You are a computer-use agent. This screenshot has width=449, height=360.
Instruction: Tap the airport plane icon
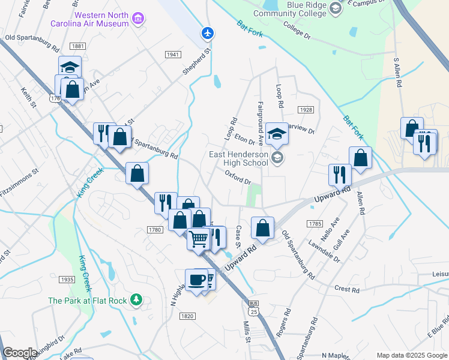[208, 32]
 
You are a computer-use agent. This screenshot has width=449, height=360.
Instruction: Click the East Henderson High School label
[238, 158]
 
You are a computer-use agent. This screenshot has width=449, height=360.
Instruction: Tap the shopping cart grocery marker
[199, 239]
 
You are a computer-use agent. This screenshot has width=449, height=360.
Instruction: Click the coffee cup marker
[197, 280]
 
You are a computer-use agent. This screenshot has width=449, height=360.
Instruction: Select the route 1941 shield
[172, 55]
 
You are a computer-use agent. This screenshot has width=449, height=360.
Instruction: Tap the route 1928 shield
[306, 110]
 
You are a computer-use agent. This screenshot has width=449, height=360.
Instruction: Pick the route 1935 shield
[67, 280]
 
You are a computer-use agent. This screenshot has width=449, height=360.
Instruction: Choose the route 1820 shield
[187, 316]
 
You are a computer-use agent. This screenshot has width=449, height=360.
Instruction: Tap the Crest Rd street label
[347, 289]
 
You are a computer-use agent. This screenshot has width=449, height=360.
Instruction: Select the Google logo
[20, 353]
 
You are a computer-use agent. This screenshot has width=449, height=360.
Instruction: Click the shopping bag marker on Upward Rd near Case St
[262, 228]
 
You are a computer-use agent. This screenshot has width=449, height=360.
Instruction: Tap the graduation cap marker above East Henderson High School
[277, 134]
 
